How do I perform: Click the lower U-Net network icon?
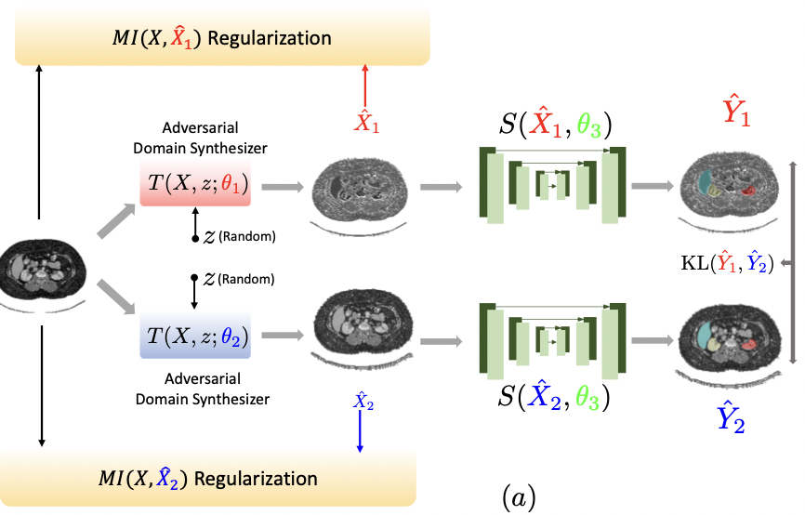click(553, 340)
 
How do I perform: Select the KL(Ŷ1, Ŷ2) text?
click(726, 264)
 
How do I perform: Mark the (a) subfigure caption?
click(519, 499)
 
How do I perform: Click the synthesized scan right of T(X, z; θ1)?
click(361, 190)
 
